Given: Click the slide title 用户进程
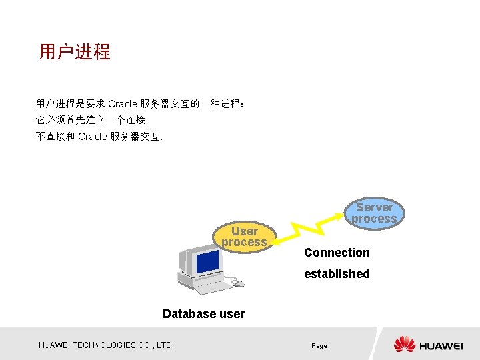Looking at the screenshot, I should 75,52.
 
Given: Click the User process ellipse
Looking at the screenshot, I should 244,237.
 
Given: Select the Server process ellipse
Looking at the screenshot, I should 374,213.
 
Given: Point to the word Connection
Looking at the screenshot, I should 337,253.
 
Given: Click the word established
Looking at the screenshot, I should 337,274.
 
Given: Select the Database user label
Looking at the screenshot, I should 203,314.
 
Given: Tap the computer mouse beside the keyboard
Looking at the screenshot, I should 238,283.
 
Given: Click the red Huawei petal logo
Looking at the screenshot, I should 404,345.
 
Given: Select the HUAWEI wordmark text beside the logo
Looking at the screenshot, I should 441,345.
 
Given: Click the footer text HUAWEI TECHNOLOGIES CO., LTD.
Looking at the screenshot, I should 106,345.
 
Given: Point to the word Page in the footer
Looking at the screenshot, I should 319,346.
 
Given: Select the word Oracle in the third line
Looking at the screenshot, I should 92,137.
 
